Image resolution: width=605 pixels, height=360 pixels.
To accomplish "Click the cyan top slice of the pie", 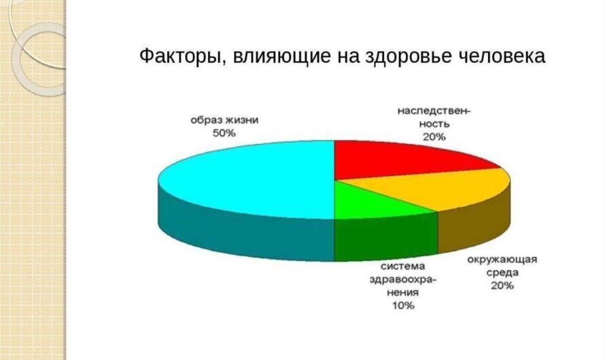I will (x=252, y=178).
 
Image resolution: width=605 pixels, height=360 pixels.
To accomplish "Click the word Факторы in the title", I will (x=180, y=56).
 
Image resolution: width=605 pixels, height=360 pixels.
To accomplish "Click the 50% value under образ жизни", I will (x=224, y=134).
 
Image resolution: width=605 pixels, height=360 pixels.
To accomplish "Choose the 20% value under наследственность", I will (x=434, y=137).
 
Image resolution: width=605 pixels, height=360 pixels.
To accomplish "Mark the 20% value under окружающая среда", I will (x=503, y=285).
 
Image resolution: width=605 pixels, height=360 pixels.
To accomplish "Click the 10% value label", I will (x=402, y=306).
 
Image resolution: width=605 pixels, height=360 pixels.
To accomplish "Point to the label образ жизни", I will (x=224, y=120).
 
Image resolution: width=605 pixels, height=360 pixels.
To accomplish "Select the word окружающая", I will (x=503, y=259).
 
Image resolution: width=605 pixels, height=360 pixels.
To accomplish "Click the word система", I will (x=402, y=266).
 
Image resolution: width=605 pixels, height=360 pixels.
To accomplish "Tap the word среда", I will (x=503, y=272).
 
